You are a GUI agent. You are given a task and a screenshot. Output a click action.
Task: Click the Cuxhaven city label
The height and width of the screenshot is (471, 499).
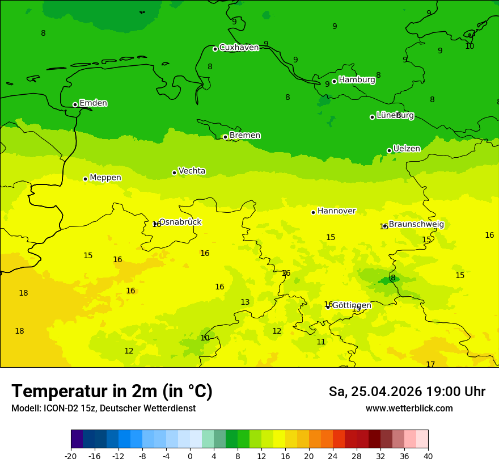(x=239, y=48)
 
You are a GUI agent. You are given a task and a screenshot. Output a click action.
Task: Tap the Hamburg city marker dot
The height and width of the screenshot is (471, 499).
(x=334, y=81)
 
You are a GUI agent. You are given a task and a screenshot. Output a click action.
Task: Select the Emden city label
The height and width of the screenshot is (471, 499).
(x=93, y=103)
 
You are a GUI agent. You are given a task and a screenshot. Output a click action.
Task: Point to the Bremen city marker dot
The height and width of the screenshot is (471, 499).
(x=225, y=137)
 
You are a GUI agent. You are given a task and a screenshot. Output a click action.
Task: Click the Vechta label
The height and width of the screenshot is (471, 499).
(x=192, y=171)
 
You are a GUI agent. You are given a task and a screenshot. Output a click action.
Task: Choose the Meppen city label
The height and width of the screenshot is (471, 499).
(x=105, y=178)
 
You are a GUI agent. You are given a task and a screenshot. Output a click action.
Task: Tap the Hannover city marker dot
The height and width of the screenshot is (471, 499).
(x=313, y=212)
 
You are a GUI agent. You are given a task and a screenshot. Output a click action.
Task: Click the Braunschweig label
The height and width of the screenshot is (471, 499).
(x=416, y=225)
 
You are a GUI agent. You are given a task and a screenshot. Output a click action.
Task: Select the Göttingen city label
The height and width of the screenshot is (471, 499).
(x=352, y=305)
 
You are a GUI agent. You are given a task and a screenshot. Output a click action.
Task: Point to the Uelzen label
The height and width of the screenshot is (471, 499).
(x=407, y=149)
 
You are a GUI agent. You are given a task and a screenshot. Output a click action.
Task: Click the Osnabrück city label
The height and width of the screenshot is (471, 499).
(x=180, y=222)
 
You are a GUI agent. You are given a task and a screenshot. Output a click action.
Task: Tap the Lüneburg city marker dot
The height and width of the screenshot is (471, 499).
(x=372, y=117)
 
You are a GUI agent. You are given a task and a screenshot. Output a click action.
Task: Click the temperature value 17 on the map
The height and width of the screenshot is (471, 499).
(x=430, y=364)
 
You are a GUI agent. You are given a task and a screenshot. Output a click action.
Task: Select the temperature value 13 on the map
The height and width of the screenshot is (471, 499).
(x=245, y=302)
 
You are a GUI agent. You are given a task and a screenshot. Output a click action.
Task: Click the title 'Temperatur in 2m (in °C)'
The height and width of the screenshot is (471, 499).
(x=112, y=392)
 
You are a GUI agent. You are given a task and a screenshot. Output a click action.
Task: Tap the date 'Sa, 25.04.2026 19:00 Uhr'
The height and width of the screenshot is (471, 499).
(x=407, y=392)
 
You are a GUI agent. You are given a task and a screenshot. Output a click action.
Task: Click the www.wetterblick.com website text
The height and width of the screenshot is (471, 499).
(x=409, y=409)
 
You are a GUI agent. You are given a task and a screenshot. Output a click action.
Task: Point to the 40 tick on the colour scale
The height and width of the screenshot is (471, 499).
(x=428, y=456)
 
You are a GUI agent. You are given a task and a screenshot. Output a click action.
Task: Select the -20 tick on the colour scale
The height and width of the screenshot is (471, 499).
(x=71, y=456)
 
